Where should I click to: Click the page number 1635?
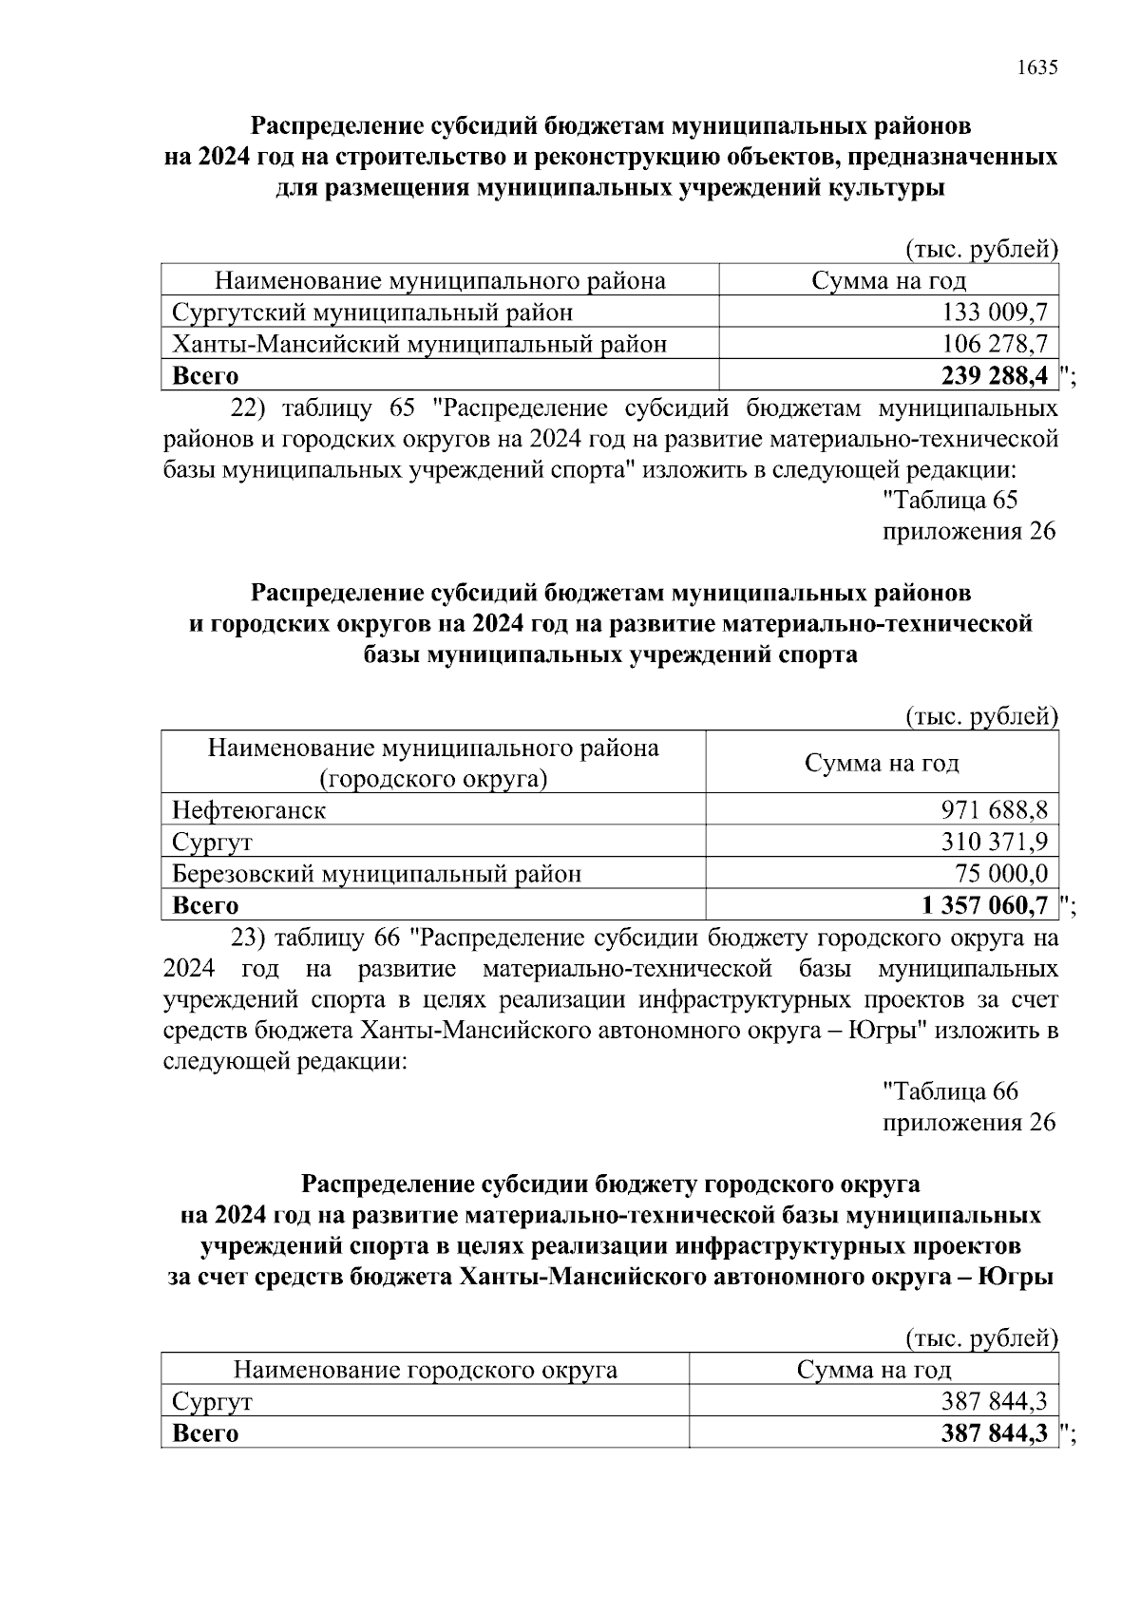(1036, 67)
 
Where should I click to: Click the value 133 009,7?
(995, 313)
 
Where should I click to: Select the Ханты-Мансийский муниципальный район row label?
(419, 344)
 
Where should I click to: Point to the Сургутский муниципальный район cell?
(372, 313)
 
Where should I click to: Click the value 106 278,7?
(995, 344)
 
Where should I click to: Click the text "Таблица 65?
(950, 500)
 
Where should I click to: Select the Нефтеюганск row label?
(249, 810)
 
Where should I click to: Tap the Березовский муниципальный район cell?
(376, 873)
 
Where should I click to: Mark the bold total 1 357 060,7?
(984, 905)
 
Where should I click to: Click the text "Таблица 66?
(950, 1091)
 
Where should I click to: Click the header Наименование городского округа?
(425, 1370)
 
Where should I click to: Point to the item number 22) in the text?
(249, 409)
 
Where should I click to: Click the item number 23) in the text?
(249, 939)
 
